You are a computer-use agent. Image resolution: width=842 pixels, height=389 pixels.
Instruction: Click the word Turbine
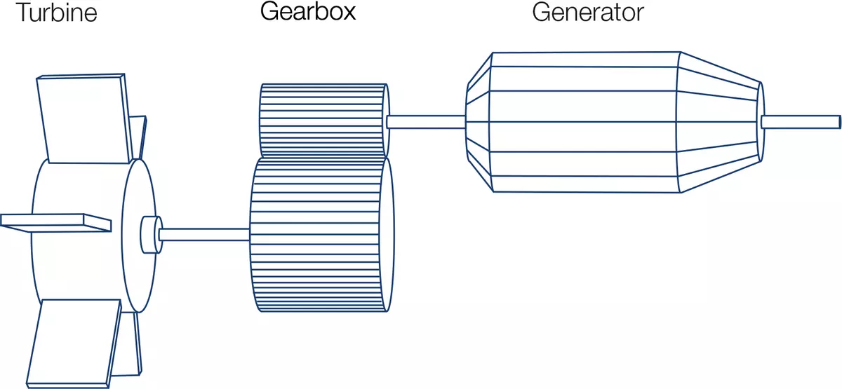[x=56, y=13]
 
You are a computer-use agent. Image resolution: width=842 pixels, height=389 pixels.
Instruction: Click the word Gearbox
[x=308, y=12]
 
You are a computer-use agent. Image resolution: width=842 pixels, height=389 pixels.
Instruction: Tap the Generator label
[x=588, y=13]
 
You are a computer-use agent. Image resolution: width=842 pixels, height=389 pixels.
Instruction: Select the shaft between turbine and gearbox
[x=204, y=234]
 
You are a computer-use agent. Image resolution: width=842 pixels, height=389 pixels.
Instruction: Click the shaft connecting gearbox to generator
[x=427, y=122]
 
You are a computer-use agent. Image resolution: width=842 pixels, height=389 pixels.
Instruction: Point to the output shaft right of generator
[x=801, y=122]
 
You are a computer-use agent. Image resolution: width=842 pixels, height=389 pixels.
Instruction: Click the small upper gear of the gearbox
[x=324, y=120]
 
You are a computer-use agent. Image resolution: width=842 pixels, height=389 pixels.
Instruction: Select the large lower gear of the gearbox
[x=322, y=235]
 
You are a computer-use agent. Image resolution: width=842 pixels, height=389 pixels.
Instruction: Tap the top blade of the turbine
[x=86, y=118]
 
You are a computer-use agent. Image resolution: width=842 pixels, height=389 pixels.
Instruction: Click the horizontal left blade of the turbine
[x=55, y=223]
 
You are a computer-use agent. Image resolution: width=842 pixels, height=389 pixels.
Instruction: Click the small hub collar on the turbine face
[x=151, y=235]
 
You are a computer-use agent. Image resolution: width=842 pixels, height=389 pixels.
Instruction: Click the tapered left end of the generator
[x=479, y=122]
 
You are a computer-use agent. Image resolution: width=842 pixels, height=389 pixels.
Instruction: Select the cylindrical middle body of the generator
[x=584, y=122]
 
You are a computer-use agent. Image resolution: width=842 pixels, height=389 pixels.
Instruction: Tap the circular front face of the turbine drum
[x=139, y=236]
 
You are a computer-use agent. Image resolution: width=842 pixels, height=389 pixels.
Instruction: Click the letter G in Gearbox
[x=270, y=11]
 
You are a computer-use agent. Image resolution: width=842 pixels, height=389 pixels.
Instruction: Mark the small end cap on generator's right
[x=760, y=122]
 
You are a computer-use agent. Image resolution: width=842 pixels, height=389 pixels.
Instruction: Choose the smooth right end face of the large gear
[x=387, y=235]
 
